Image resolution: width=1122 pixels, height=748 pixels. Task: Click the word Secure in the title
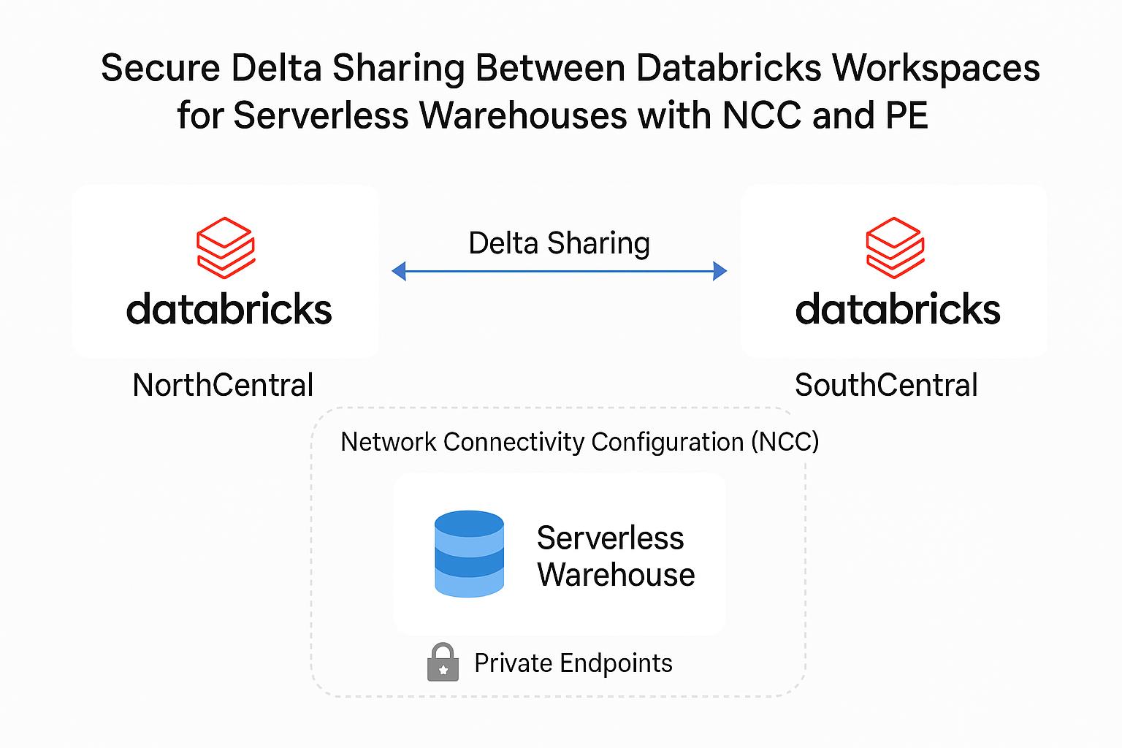point(160,68)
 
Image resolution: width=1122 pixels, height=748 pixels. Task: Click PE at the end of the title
point(907,115)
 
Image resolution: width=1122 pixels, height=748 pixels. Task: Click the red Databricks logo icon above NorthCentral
point(226,248)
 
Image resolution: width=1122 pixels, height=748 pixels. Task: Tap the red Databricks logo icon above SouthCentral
point(895,248)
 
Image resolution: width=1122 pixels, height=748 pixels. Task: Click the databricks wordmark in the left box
point(229,309)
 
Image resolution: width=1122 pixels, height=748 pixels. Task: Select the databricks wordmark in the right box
point(898,309)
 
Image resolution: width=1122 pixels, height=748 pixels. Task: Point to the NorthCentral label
point(223,385)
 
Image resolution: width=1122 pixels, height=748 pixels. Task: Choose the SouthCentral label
point(886,385)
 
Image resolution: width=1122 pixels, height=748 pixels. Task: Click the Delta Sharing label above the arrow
point(559,243)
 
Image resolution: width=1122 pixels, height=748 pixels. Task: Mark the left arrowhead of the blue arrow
point(399,272)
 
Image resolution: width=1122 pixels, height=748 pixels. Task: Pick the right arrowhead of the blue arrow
point(720,272)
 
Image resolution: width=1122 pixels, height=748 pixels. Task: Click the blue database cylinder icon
point(469,554)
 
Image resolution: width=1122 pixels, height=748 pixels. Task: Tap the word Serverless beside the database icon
point(610,538)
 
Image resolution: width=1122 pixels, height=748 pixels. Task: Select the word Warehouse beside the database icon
point(616,575)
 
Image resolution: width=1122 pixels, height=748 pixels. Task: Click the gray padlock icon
point(443,663)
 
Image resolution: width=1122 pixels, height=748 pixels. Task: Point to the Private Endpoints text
point(573,663)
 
